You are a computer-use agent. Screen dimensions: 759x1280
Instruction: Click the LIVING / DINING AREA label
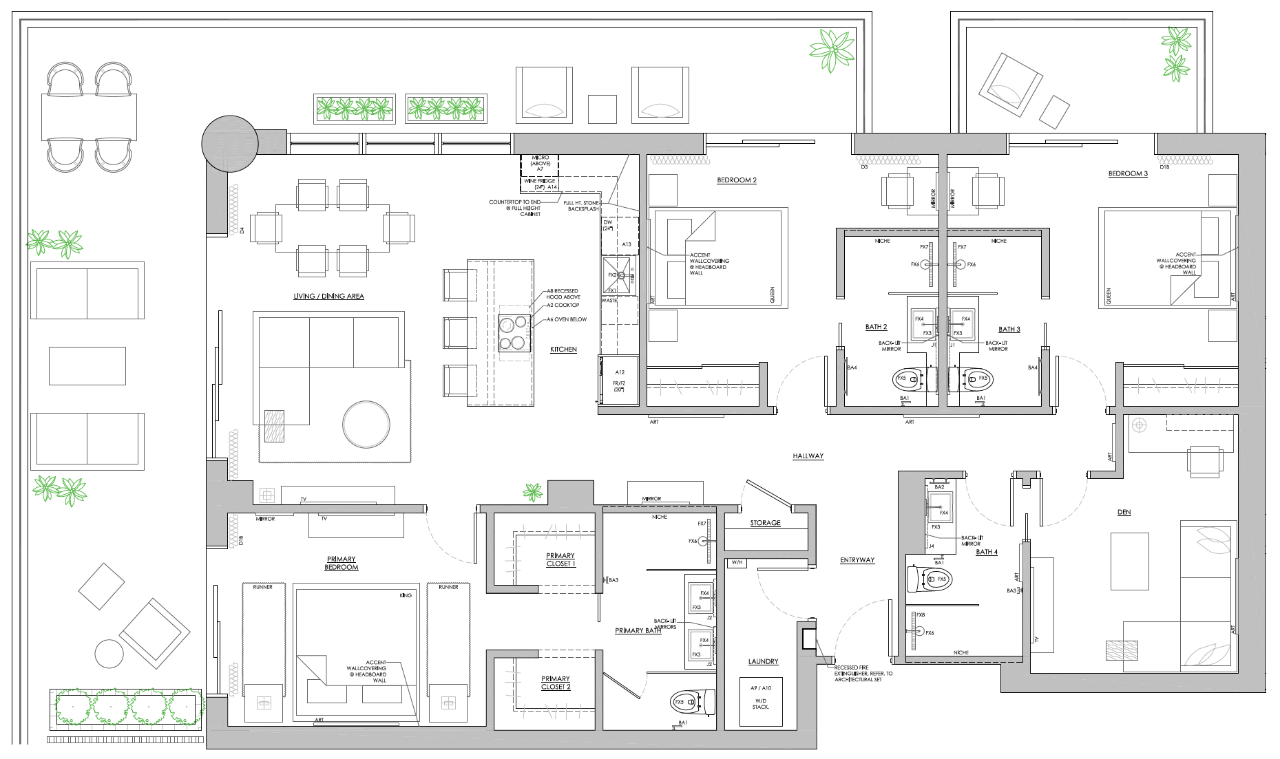(328, 296)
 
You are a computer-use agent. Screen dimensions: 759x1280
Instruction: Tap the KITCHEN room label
(563, 350)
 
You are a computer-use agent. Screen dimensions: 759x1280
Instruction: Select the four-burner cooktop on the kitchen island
(514, 333)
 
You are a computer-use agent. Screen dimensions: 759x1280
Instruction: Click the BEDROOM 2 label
(736, 180)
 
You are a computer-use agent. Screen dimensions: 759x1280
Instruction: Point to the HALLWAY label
(808, 456)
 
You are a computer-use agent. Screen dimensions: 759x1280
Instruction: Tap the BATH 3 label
(1009, 330)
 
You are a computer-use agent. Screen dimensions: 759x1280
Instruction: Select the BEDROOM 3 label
(1127, 174)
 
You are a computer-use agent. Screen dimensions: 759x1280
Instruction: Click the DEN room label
(1124, 513)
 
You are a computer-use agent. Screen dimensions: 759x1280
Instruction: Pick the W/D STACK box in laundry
(761, 701)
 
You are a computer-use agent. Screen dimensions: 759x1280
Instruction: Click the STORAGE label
(765, 523)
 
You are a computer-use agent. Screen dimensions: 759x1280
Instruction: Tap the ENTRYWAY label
(857, 560)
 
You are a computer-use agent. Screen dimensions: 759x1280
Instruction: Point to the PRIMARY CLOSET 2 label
(556, 683)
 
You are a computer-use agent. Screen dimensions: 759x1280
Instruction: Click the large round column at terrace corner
(229, 143)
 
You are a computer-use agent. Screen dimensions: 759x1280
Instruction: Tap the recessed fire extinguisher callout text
(863, 673)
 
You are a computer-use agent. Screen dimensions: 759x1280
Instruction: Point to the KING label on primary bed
(405, 595)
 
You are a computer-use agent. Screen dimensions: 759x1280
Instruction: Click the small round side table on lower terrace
(109, 653)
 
